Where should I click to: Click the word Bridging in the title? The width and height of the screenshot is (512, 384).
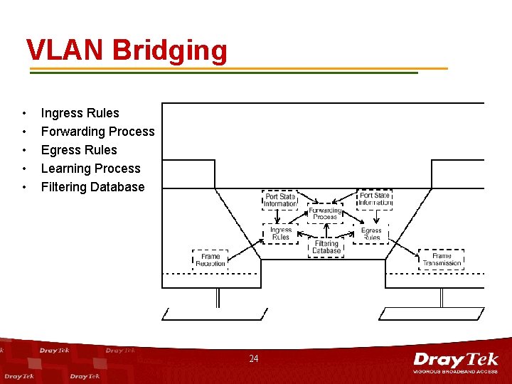169,51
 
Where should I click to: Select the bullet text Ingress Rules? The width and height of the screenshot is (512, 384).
80,113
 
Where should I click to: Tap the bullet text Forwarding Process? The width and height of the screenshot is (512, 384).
97,132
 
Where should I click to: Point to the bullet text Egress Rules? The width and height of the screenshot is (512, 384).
79,150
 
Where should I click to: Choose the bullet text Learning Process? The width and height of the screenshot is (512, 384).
90,169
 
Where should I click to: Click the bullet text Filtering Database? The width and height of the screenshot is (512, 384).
92,187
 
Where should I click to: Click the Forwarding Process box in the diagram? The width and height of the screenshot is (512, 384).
325,213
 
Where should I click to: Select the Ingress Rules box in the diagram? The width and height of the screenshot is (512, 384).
281,233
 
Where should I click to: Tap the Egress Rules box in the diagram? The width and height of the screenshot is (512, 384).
371,233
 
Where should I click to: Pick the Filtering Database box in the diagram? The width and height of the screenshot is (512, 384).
326,247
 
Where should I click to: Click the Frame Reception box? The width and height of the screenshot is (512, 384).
210,260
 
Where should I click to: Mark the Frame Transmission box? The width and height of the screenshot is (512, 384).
442,260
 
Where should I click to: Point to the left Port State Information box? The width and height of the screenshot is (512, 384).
280,200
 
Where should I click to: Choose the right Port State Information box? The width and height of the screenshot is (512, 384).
375,199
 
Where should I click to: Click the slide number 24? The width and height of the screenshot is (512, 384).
254,359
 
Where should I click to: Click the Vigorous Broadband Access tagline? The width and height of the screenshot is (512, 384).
456,371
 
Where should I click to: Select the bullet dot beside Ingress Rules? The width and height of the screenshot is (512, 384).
25,114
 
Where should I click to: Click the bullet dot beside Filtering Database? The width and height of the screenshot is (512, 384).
25,188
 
